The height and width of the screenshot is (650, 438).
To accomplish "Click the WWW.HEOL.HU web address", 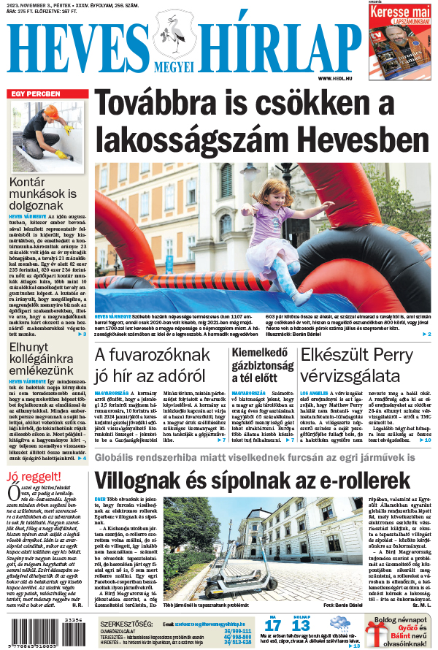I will (339, 78).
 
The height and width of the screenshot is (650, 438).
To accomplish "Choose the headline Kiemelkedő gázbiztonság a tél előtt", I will (261, 366).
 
